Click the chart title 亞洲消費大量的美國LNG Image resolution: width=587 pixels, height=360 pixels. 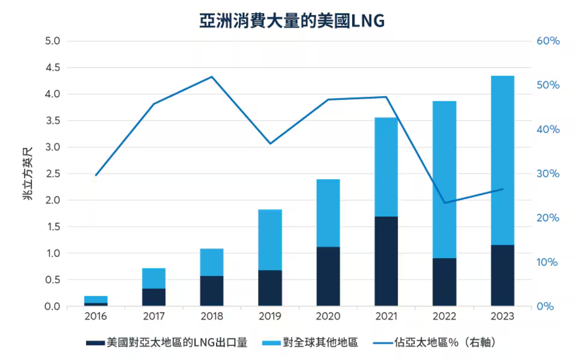tap(292, 22)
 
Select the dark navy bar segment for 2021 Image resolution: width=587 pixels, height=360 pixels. tap(386, 261)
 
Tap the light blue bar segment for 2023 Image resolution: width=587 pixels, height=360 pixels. tap(503, 160)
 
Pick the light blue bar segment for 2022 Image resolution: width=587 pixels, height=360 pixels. tap(444, 179)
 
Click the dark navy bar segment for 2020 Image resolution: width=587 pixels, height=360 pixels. tap(328, 276)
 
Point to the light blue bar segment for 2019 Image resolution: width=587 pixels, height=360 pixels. tap(270, 240)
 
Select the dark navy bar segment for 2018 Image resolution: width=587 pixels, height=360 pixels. tap(212, 291)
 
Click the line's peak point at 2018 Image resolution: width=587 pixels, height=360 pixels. tap(212, 77)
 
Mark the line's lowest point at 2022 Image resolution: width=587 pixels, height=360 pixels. tap(444, 203)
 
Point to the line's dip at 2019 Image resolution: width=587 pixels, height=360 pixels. tap(270, 143)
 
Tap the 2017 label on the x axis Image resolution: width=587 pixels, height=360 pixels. tap(154, 317)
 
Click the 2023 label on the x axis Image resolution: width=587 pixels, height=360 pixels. tap(503, 317)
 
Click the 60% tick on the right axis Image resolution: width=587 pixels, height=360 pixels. tap(548, 41)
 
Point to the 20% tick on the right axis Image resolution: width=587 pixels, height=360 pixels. tap(548, 218)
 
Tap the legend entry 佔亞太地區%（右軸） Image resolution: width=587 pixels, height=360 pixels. tap(444, 343)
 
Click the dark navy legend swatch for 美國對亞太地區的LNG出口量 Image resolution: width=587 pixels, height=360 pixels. tap(95, 343)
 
